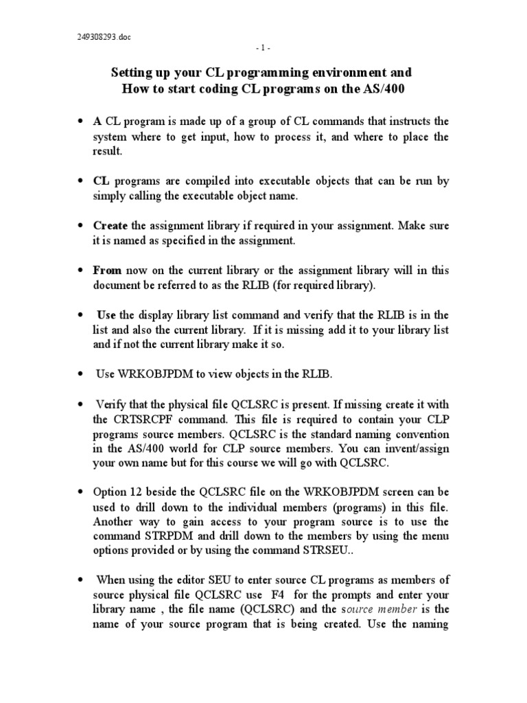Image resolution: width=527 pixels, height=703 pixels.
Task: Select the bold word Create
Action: click(x=110, y=225)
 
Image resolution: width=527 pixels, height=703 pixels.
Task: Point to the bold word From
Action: click(x=107, y=270)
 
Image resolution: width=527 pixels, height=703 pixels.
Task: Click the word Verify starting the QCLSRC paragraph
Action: click(x=113, y=404)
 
